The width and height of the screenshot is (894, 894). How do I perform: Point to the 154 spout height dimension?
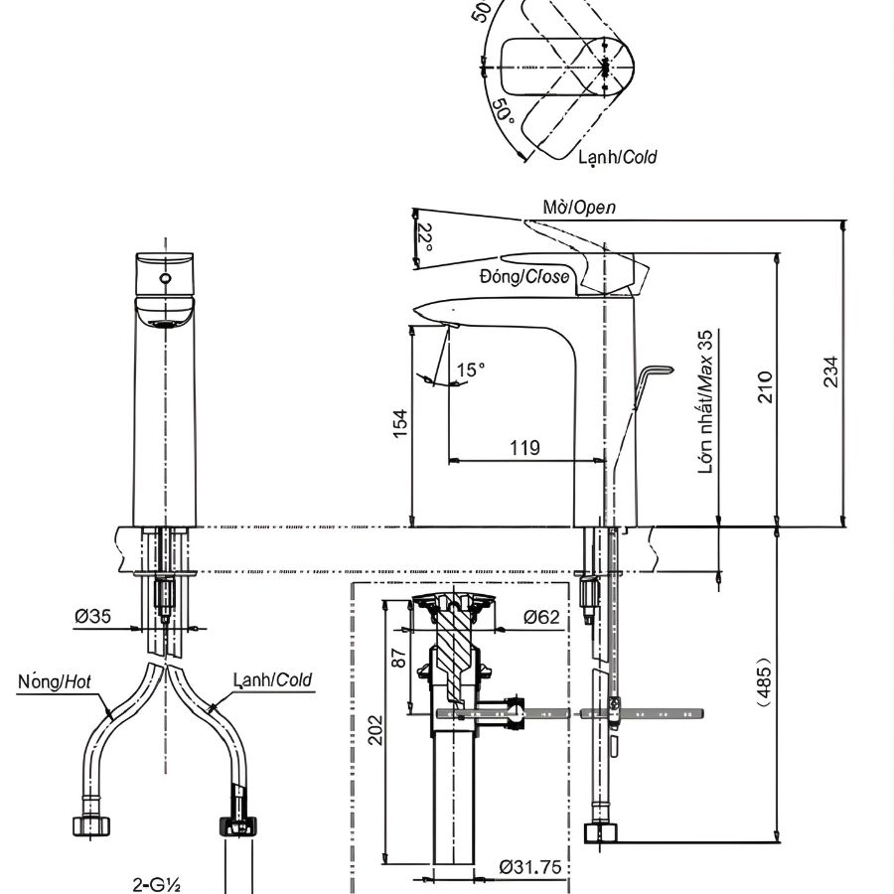(399, 425)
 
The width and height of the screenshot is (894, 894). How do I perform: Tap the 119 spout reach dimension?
(524, 447)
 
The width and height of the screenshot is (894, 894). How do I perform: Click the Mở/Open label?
(579, 207)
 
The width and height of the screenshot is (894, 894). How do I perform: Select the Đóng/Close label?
(524, 276)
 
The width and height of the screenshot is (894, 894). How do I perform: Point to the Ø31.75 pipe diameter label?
(530, 867)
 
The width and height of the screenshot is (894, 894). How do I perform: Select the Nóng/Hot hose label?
(55, 681)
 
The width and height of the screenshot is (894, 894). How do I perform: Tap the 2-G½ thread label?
(156, 882)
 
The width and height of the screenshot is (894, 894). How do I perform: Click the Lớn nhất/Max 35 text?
(706, 402)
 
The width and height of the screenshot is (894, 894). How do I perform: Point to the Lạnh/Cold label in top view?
(617, 156)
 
